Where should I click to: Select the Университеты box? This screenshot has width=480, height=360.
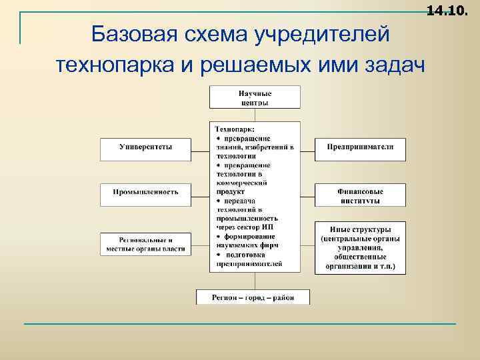(145, 148)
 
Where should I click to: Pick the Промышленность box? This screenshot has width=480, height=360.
(145, 193)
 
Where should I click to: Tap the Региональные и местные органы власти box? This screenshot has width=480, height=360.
(145, 243)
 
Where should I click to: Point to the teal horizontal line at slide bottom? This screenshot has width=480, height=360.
(240, 324)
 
